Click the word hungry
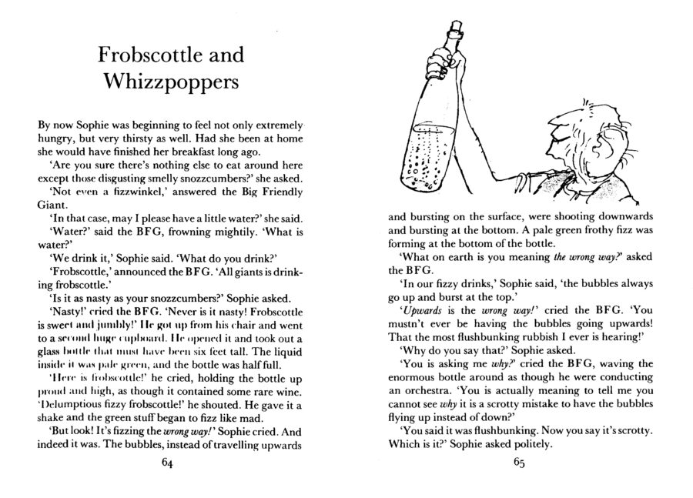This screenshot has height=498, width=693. pyautogui.click(x=56, y=139)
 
